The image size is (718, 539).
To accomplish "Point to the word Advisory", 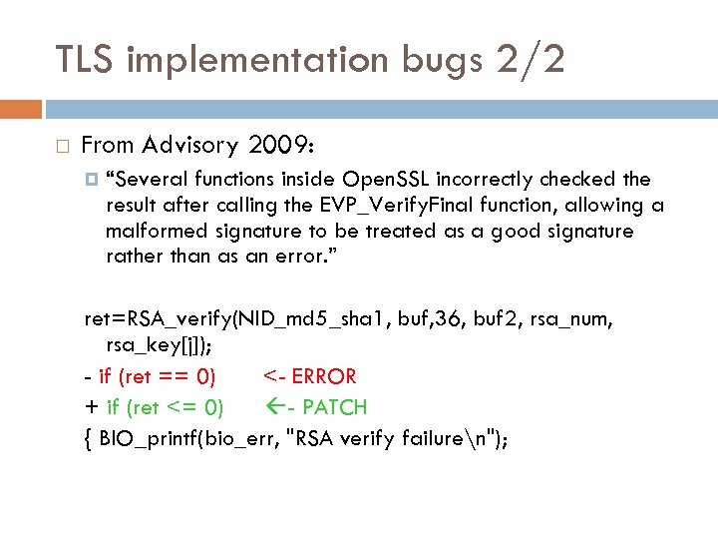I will (189, 146).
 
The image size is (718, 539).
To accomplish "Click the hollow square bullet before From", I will (63, 147).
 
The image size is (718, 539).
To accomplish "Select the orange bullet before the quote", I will (93, 180).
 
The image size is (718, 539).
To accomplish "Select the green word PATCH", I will (333, 407).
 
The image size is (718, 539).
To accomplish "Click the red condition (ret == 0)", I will (167, 377).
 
